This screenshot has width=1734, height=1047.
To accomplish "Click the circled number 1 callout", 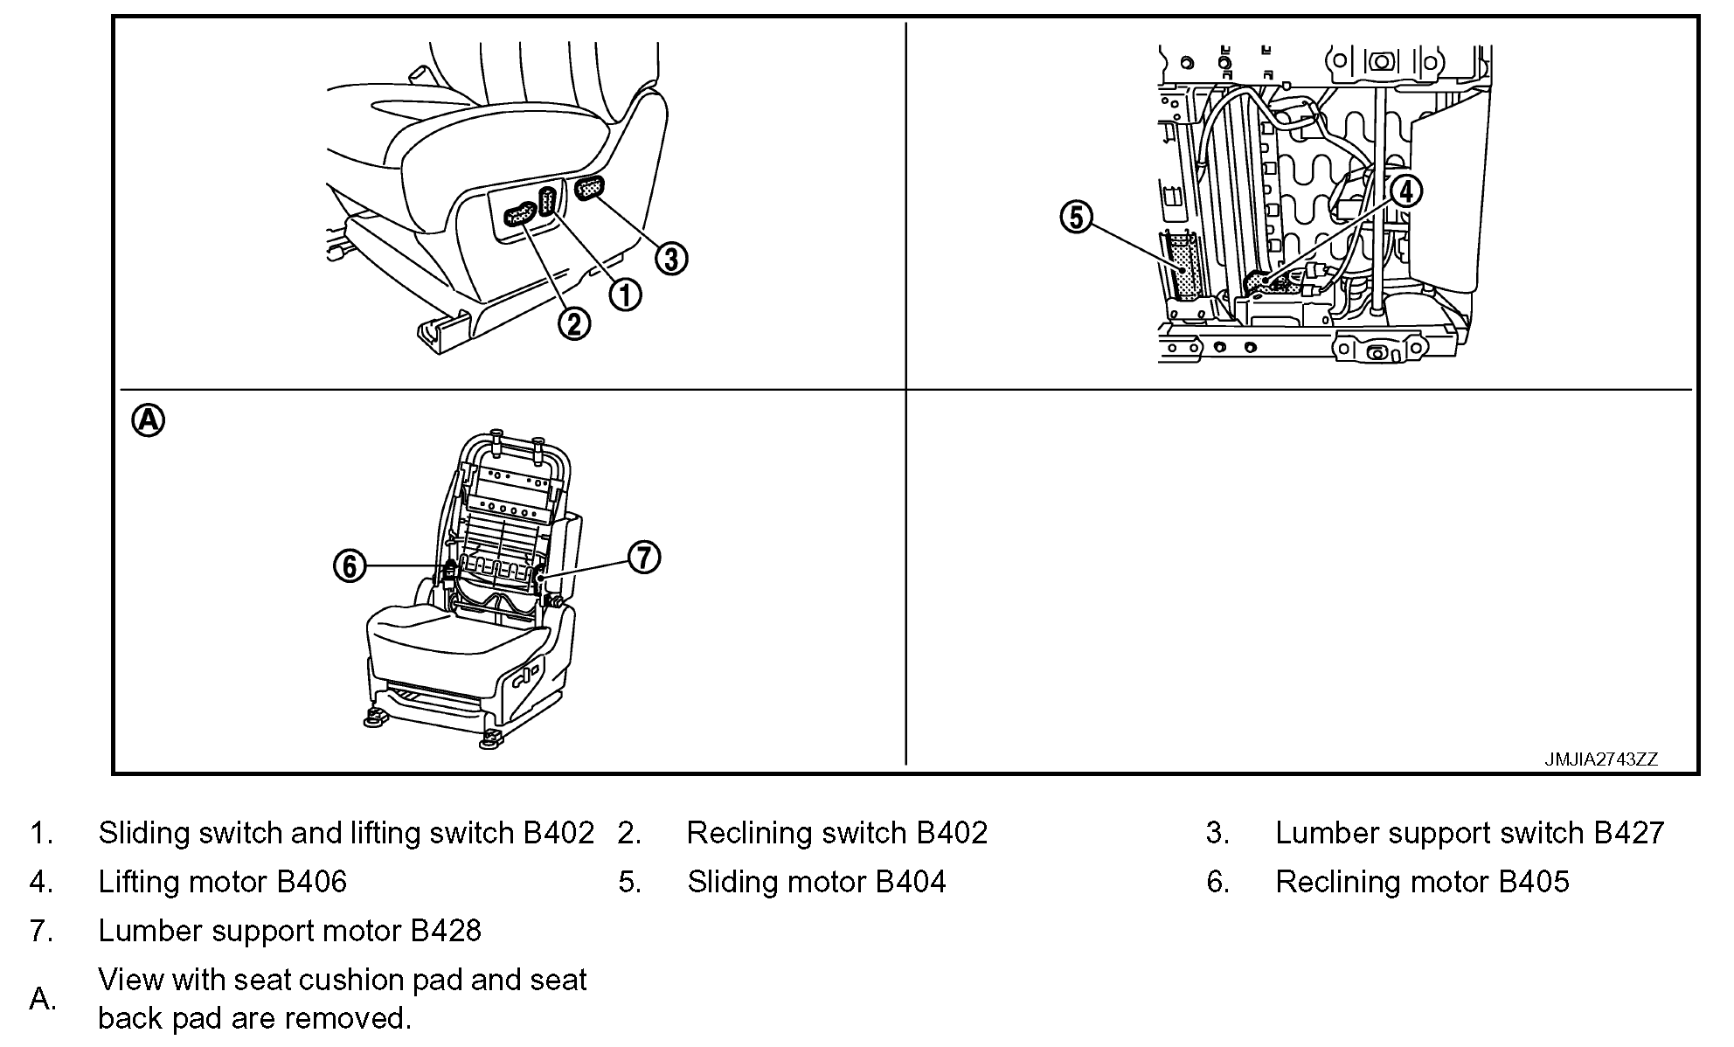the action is click(x=625, y=295).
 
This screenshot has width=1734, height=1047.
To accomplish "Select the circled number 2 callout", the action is click(x=574, y=324).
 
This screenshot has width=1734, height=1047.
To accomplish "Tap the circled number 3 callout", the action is click(x=671, y=259).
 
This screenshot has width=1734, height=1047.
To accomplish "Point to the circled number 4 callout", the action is click(x=1405, y=191).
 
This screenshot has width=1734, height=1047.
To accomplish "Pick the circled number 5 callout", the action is click(x=1077, y=217).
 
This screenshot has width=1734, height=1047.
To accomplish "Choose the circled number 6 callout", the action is click(x=350, y=566).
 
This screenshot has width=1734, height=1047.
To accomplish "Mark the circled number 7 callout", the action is click(x=644, y=557).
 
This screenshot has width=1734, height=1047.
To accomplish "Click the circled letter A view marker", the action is click(x=148, y=420).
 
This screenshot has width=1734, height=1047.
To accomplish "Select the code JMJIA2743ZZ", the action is click(x=1601, y=759).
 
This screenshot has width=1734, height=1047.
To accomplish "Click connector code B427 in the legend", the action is click(x=1629, y=833).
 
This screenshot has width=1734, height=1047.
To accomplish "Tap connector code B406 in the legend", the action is click(x=312, y=882).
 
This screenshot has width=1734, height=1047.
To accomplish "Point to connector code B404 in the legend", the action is click(x=911, y=882).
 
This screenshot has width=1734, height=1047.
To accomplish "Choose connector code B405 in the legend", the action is click(x=1534, y=882).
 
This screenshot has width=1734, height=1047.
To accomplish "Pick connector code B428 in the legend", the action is click(x=446, y=931).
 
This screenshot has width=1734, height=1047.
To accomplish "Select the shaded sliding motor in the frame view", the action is click(x=1185, y=266).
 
